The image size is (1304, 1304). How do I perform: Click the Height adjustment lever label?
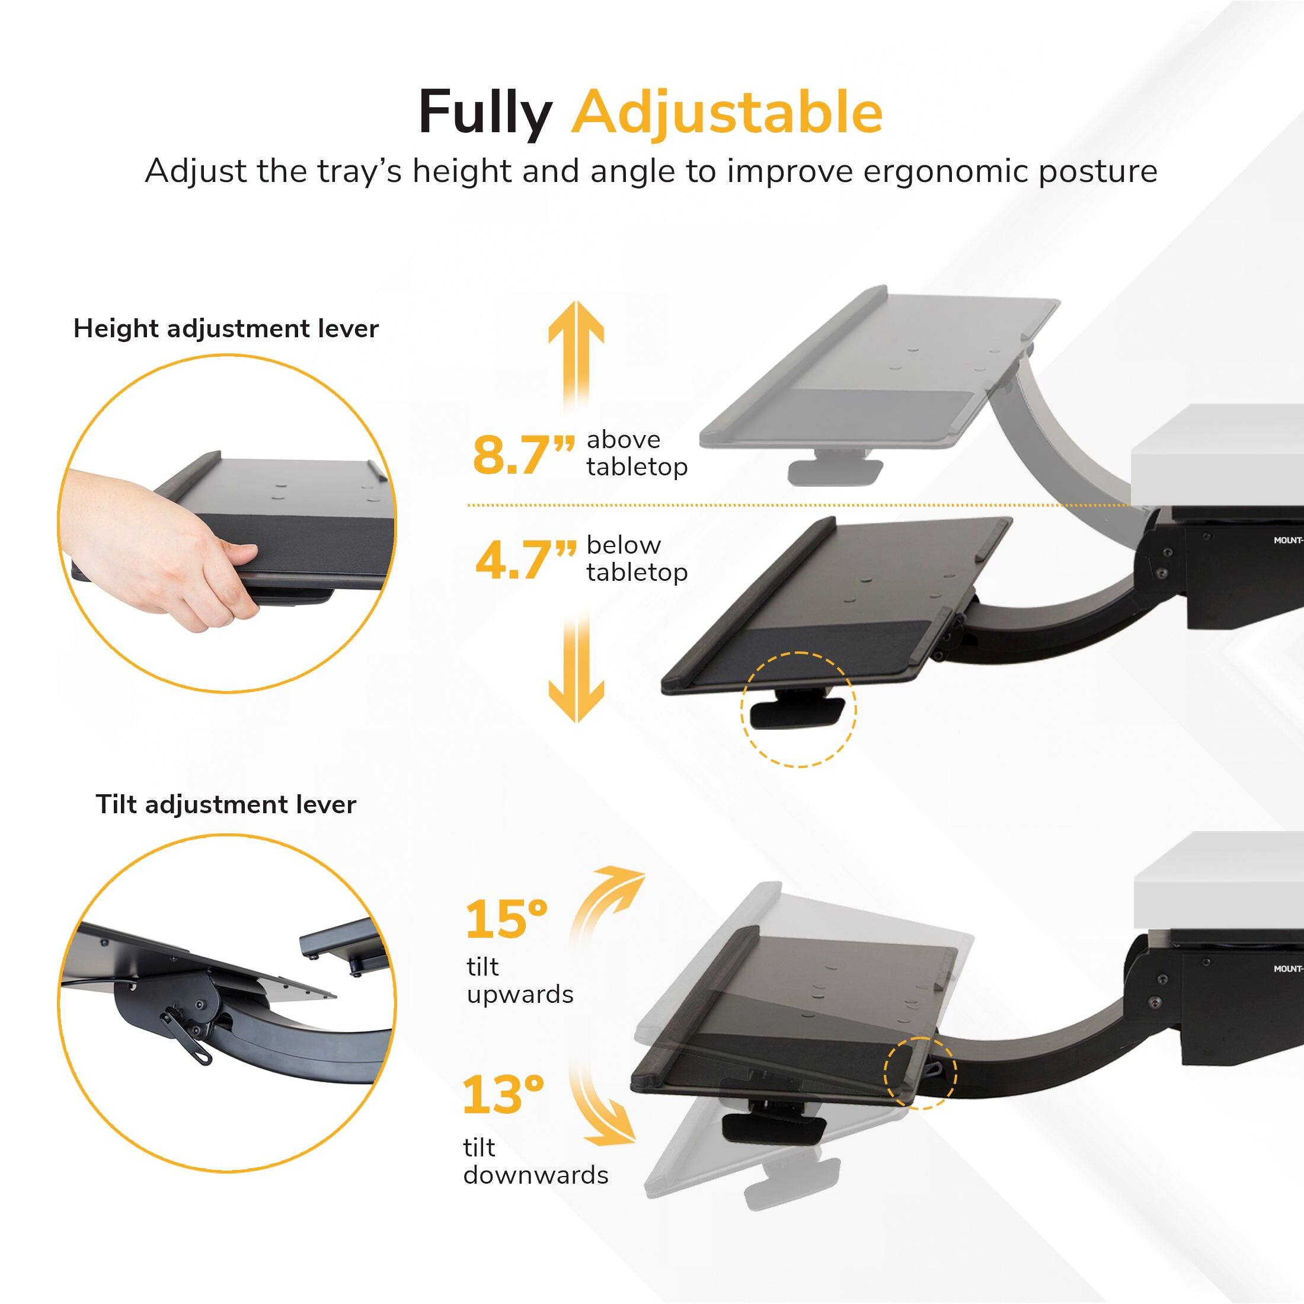click(226, 329)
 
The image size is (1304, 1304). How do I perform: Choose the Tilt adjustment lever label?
click(226, 804)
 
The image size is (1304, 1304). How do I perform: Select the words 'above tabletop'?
click(637, 453)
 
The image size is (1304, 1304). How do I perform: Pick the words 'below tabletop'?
click(637, 558)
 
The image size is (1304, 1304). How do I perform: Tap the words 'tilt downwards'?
click(535, 1161)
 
